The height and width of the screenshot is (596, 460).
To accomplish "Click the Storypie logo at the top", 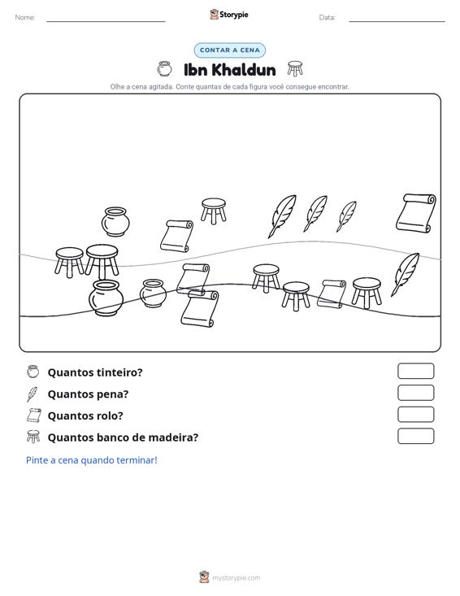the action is [x=229, y=15].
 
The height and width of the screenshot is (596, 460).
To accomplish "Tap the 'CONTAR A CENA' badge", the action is [x=229, y=50].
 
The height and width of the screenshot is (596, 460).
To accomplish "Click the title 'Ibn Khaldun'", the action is [x=229, y=70].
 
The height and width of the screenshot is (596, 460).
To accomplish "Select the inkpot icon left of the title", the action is [x=164, y=69].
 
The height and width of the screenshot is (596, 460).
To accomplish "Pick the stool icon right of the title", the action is [x=295, y=69].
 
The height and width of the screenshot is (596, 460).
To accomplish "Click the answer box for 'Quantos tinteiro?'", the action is [x=415, y=371].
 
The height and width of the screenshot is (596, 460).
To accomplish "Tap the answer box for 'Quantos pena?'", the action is [x=415, y=393].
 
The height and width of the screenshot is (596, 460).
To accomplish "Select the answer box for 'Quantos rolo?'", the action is [x=415, y=415].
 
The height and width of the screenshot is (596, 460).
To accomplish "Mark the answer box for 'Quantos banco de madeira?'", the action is [x=415, y=436].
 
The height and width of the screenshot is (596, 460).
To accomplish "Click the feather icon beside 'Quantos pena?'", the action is [x=33, y=394].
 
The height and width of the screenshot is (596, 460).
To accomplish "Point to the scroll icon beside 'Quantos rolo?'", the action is [x=33, y=415].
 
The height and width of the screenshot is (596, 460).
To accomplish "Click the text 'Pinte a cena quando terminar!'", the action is [x=92, y=460].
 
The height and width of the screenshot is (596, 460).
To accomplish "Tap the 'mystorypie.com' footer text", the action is [x=237, y=578].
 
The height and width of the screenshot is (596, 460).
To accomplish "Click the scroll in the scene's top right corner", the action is [x=415, y=213].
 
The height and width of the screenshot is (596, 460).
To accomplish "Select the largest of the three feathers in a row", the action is [x=282, y=216].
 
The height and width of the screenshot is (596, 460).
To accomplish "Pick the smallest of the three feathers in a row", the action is [x=346, y=216].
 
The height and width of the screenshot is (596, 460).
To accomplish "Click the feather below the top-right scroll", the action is [x=405, y=275].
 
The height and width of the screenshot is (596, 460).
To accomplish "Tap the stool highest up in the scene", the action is [x=214, y=211].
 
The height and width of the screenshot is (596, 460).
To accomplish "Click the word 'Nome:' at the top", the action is [x=25, y=18].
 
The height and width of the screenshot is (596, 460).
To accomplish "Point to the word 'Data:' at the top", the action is [x=327, y=18].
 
